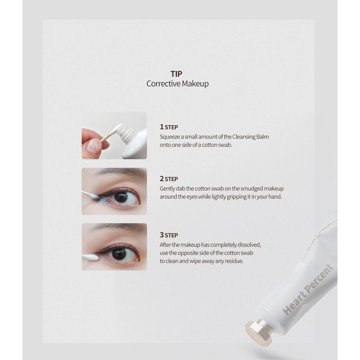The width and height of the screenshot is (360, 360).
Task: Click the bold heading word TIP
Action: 176,74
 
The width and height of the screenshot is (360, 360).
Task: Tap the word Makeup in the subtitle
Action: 193,84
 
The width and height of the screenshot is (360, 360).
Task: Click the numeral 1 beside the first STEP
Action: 162,127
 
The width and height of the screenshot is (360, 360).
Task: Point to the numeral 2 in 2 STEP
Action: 162,178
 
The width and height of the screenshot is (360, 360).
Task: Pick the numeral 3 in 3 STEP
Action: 162,235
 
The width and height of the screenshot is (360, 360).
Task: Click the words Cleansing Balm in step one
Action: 251,137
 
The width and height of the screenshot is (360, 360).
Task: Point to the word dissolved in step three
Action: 249,245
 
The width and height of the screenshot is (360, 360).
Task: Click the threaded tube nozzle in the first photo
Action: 127,134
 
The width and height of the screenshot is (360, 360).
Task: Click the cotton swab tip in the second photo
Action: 94,196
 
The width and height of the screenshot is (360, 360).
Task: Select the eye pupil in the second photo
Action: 121,197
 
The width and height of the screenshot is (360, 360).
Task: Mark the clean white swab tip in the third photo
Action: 91,257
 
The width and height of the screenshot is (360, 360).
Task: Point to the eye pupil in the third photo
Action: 119,253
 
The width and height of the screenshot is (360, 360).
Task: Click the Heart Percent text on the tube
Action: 308,290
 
